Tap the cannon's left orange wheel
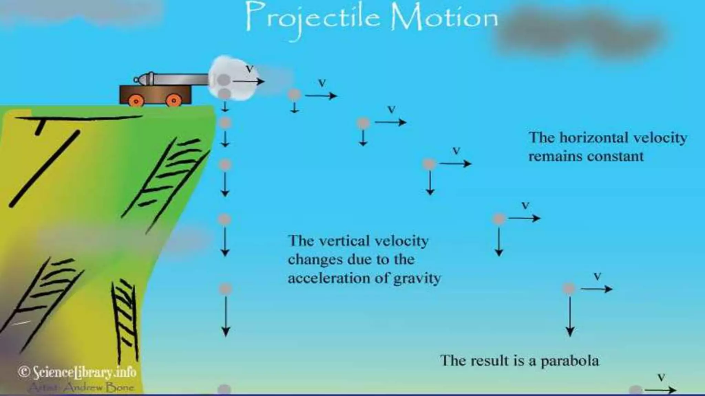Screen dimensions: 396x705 [x=136, y=101]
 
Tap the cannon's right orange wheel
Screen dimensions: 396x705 [x=173, y=100]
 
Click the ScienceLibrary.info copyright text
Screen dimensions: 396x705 [x=77, y=372]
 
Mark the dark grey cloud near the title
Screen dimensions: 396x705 [x=582, y=34]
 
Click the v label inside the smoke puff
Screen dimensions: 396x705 [x=249, y=69]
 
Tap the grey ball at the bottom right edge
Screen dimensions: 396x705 [x=635, y=390]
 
